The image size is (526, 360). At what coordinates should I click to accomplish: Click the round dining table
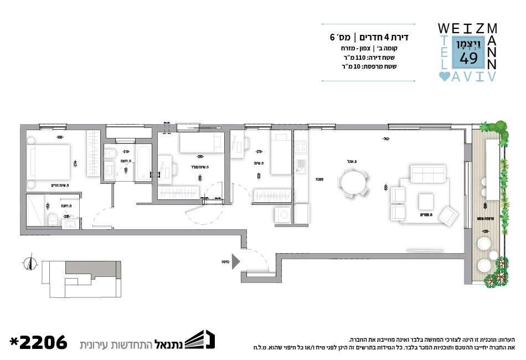coord(353,182)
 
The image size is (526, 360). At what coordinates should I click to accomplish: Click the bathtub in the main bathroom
coord(143,162)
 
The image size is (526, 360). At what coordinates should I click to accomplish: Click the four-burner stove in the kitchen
coord(301,147)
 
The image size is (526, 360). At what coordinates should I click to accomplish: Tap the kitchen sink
coord(301,166)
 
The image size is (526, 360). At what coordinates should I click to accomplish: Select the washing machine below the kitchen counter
coord(283,214)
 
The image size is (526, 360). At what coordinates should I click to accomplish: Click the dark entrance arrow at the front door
coord(235,260)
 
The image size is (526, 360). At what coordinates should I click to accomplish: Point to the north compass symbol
coord(29,264)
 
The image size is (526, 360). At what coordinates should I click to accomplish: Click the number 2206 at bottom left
coord(38,342)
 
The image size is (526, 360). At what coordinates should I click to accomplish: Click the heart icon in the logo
coord(444,77)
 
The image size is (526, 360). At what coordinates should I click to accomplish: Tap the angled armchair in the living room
coord(448,215)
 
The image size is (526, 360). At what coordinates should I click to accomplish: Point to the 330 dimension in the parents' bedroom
coord(59,137)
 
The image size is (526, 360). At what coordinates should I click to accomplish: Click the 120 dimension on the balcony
coord(486,231)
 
